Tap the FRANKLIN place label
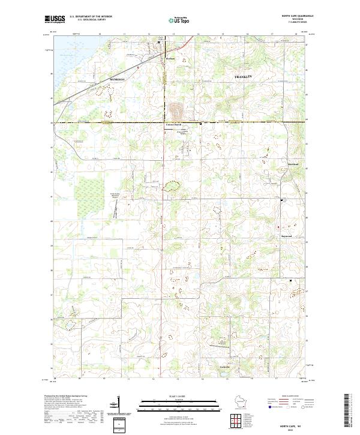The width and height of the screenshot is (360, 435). [244, 78]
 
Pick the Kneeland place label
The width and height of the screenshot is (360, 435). [275, 163]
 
